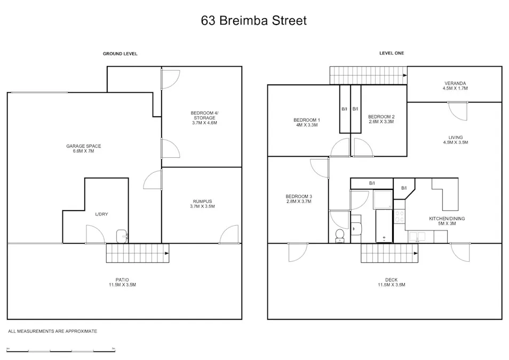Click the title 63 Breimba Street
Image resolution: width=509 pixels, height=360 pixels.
(x=254, y=21)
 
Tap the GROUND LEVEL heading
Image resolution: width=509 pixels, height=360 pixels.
(x=120, y=54)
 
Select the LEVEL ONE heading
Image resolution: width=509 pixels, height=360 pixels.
(x=392, y=53)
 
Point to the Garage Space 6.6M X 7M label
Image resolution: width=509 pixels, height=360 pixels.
(x=84, y=149)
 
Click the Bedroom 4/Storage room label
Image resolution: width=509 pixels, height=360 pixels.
(x=204, y=117)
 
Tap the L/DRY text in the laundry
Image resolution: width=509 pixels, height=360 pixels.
(x=101, y=214)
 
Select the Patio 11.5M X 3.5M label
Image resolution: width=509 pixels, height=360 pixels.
(x=122, y=282)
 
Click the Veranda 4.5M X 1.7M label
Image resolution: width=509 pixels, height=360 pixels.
(x=455, y=86)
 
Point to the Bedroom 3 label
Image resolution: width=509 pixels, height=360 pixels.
(x=299, y=199)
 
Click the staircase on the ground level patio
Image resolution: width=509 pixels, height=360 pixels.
(x=137, y=253)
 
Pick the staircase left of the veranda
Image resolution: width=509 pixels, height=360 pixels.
(x=367, y=75)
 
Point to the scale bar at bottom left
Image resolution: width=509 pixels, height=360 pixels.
(x=61, y=350)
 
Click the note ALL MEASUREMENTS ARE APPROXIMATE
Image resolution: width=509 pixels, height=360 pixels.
(x=52, y=331)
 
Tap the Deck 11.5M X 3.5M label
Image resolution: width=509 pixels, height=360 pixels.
(x=395, y=282)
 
